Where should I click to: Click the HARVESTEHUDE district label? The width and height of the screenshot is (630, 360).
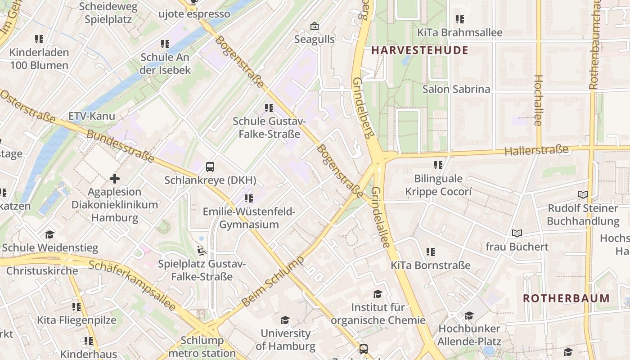click(x=420, y=50)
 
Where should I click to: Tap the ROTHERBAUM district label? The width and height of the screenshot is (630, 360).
click(x=566, y=298)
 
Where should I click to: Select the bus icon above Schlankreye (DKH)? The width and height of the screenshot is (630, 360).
click(x=210, y=167)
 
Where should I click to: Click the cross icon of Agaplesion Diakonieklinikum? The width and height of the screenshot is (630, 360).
click(x=115, y=179)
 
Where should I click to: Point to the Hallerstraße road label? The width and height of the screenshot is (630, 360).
click(x=536, y=150)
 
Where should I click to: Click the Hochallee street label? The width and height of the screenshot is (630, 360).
click(x=538, y=100)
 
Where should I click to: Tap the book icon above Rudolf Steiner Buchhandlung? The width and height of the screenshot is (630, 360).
click(x=583, y=194)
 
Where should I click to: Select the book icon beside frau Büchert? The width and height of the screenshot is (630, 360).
click(x=517, y=233)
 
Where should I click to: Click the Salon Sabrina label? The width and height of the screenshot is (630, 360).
click(x=456, y=89)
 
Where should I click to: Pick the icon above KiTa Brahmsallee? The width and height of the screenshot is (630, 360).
click(x=459, y=19)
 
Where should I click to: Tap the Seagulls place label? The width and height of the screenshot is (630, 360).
click(x=315, y=39)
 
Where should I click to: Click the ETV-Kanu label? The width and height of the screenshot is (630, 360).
click(x=92, y=116)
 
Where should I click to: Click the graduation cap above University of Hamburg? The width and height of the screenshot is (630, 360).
click(x=285, y=320)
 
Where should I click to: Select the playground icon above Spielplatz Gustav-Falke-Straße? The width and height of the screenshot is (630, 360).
click(x=202, y=250)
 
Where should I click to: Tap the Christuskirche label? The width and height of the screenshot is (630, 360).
click(x=42, y=271)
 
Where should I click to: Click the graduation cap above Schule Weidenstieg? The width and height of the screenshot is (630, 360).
click(x=49, y=234)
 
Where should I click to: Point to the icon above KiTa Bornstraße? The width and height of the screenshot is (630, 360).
click(x=431, y=252)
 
